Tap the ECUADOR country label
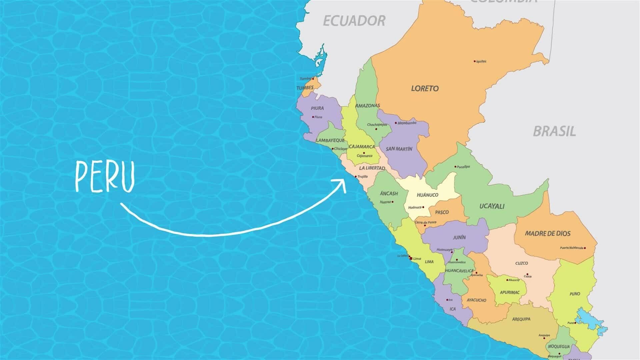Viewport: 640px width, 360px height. point(354,21)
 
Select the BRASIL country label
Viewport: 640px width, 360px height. point(554,131)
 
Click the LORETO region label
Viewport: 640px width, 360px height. point(425,88)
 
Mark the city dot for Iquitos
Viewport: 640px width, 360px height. point(475,61)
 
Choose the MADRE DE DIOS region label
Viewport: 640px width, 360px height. point(548,233)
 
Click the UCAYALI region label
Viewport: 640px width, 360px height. point(492,206)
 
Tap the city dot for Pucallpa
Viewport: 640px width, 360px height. point(455,167)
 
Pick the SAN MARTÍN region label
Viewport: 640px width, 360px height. point(399,149)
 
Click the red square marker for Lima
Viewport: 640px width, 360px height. point(411,258)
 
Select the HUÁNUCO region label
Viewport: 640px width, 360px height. point(427,195)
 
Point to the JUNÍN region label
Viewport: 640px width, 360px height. point(459,238)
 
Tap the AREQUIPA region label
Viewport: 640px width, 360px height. point(521,319)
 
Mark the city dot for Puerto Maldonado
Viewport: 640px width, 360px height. point(585,248)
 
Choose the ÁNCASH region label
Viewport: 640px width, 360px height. point(389,193)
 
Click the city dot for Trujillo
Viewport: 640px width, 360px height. point(356,176)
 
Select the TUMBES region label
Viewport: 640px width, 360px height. point(305,88)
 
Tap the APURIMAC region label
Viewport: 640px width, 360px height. point(510,292)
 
